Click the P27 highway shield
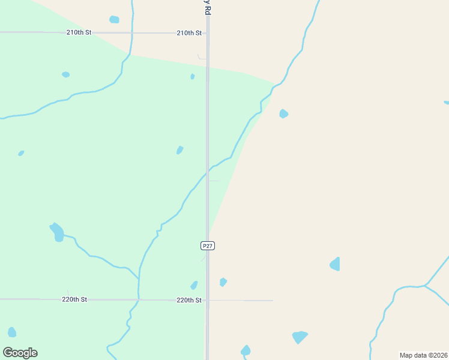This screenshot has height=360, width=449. click(x=207, y=246)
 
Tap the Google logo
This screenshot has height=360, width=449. click(x=20, y=353)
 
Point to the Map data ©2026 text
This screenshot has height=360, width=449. click(x=424, y=355)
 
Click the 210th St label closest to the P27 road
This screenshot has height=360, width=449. click(x=189, y=33)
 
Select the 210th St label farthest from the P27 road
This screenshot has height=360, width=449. click(x=79, y=32)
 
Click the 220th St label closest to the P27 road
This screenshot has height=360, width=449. click(x=188, y=300)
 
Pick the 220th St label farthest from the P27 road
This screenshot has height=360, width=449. click(x=75, y=299)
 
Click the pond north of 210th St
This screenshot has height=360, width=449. click(x=114, y=20)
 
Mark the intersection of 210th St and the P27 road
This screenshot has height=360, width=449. click(x=208, y=33)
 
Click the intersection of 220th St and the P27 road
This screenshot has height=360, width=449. click(x=208, y=300)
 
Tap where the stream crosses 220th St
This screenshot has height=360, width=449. click(x=139, y=299)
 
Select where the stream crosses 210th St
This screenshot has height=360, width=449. click(x=131, y=33)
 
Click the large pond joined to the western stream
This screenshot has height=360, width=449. click(x=57, y=232)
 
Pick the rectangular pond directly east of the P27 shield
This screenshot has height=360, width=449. click(x=335, y=264)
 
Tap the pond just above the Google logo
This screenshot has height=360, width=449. click(x=12, y=332)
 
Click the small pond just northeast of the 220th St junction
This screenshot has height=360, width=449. click(x=223, y=282)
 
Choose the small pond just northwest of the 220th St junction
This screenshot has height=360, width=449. click(x=194, y=286)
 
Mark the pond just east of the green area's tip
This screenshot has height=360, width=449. click(x=284, y=113)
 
